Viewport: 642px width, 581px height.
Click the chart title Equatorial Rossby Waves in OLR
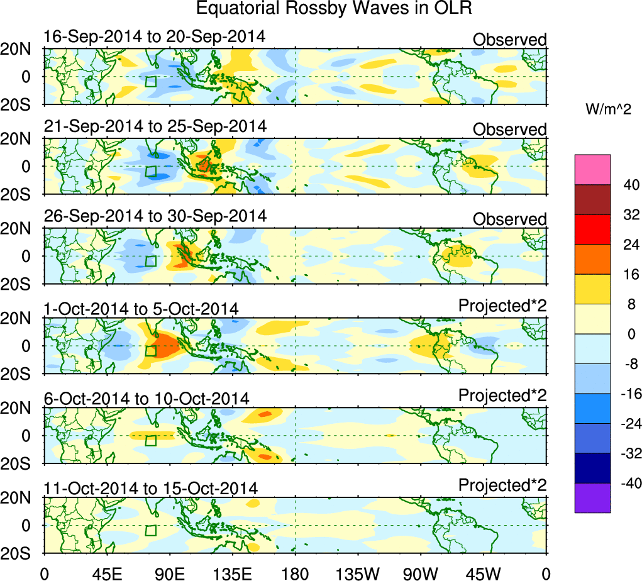334,9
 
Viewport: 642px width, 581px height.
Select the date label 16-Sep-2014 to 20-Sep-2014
155,36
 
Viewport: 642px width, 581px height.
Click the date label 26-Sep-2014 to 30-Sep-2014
155,216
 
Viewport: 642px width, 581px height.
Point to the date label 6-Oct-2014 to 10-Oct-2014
147,398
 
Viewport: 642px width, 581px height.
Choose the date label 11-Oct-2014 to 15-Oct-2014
150,488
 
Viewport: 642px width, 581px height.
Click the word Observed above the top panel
510,40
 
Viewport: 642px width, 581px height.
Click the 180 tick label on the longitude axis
295,573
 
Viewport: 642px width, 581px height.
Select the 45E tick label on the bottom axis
107,573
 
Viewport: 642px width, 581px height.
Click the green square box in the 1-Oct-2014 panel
150,351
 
